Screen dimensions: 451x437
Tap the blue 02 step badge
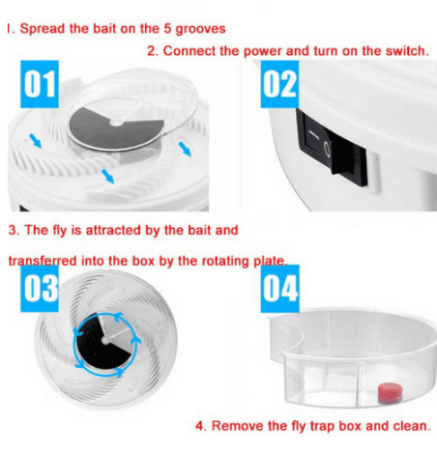(279, 86)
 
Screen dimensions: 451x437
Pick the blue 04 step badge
(279, 290)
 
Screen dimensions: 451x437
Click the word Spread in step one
(42, 28)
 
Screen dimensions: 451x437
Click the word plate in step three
(273, 261)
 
